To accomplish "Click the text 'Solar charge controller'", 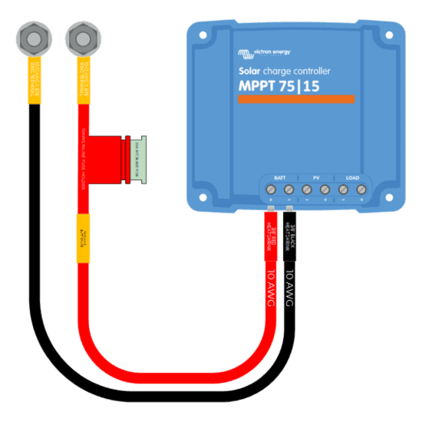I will [285, 71].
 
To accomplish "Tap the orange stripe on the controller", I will [296, 100].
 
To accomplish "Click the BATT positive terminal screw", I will [270, 189].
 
